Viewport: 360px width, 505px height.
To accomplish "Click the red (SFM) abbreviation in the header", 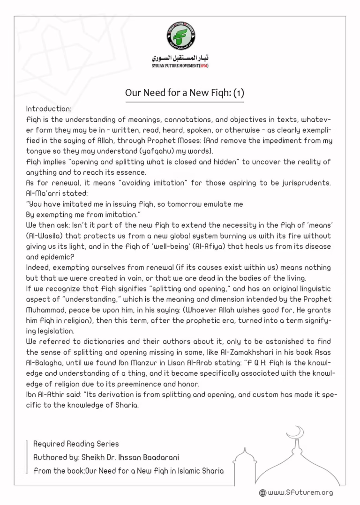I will tap(203, 66).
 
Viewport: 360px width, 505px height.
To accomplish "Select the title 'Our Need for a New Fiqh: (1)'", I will tap(184, 93).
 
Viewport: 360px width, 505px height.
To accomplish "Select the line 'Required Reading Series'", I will tap(76, 443).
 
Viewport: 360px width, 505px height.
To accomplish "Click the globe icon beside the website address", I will tap(262, 493).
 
